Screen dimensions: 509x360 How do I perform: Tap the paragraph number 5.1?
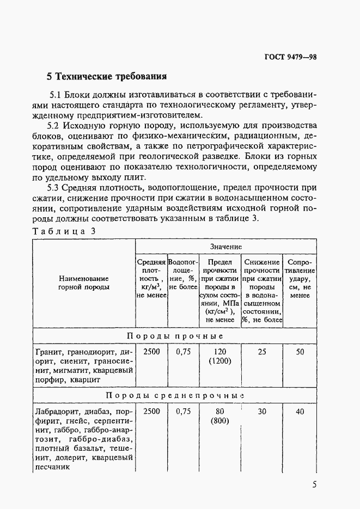point(57,93)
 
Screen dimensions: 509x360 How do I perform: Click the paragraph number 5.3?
point(57,188)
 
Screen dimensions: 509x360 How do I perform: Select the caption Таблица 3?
point(64,231)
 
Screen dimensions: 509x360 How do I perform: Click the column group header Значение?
point(225,247)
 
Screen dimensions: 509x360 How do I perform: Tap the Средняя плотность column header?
point(151,278)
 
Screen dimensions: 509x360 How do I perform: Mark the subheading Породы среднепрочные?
point(174,395)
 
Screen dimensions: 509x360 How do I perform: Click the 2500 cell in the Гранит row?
point(151,352)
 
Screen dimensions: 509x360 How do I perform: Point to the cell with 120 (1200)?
point(219,357)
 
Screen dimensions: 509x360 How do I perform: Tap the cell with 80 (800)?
point(219,416)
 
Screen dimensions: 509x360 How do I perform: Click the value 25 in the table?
point(262,352)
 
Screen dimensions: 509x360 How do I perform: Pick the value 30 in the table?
point(262,412)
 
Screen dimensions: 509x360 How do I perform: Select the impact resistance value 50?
point(300,352)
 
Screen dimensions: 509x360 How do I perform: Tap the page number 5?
point(314,485)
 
